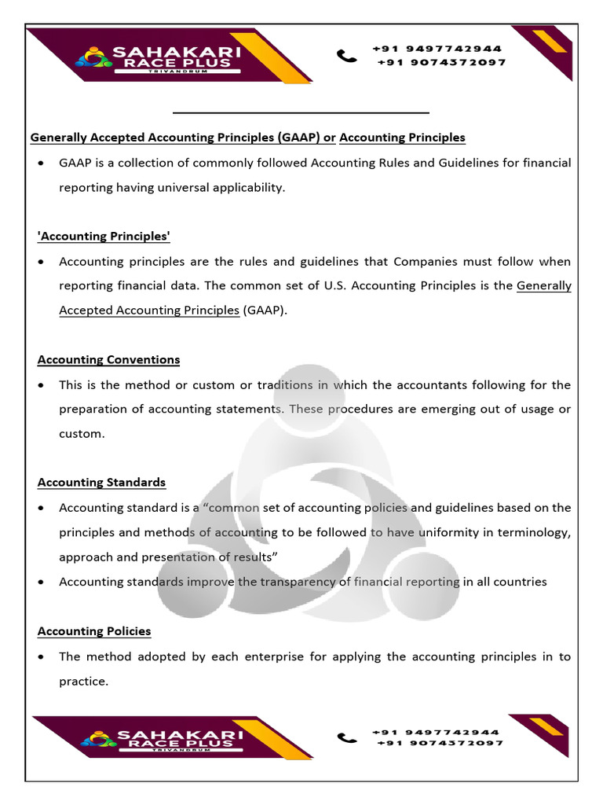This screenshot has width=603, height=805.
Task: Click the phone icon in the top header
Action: pos(346,55)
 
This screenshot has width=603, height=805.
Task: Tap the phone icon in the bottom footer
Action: pos(346,737)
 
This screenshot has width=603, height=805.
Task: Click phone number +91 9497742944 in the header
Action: pos(437,49)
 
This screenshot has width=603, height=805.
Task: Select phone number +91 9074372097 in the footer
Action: pos(440,743)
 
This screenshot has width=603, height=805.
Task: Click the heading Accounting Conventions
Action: pos(108,360)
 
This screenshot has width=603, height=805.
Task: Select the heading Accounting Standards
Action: pos(101,483)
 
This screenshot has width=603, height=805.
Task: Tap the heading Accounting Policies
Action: pos(94,631)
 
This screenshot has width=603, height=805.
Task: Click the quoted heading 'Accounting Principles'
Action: pos(104,237)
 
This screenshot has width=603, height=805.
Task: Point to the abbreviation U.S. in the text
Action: pos(335,286)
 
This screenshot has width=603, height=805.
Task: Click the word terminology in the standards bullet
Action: pos(533,533)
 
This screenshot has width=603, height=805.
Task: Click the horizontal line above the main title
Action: pos(301,113)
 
